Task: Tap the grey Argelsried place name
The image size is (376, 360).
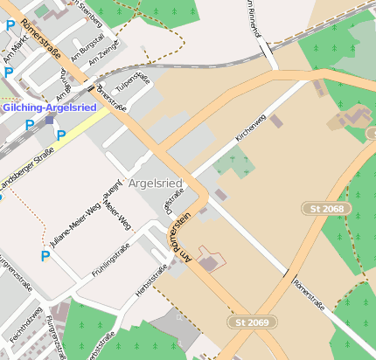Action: point(155,183)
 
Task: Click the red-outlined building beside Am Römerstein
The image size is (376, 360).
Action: point(210,260)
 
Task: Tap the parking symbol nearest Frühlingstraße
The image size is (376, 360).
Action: point(45,256)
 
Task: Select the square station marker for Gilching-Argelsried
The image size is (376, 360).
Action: point(50,119)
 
